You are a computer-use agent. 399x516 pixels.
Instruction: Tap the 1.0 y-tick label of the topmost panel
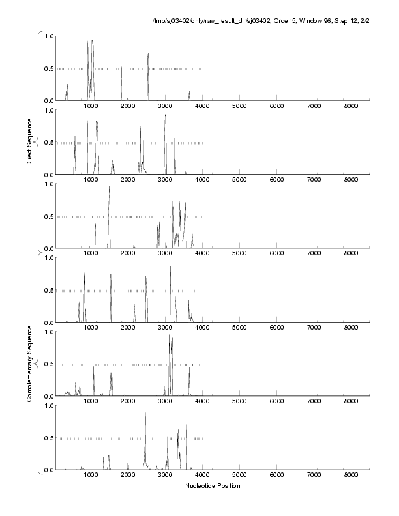pyautogui.click(x=50, y=36)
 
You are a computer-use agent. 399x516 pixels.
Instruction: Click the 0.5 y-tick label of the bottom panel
pyautogui.click(x=50, y=438)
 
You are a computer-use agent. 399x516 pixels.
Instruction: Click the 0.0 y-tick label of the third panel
pyautogui.click(x=50, y=248)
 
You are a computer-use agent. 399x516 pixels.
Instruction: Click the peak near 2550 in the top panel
pyautogui.click(x=148, y=54)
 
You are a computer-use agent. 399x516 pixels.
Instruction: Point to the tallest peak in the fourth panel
pyautogui.click(x=171, y=267)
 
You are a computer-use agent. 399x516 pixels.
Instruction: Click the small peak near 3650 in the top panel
pyautogui.click(x=189, y=92)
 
